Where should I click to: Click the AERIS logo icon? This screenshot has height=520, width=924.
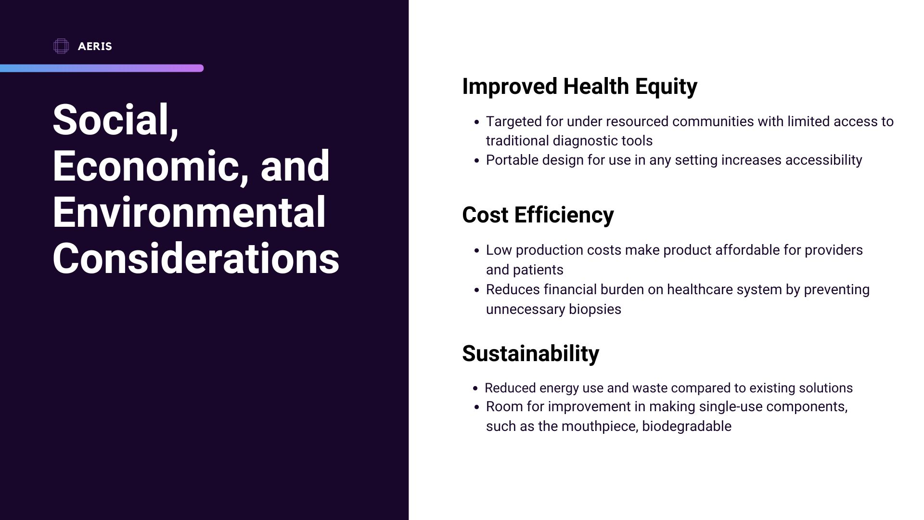click(x=61, y=46)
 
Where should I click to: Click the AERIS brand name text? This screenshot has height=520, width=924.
click(x=95, y=46)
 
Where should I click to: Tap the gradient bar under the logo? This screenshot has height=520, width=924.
click(x=102, y=68)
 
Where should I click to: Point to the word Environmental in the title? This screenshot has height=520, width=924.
click(x=189, y=212)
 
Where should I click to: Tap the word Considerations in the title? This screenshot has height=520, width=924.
click(x=196, y=258)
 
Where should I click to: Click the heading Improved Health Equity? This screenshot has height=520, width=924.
click(x=579, y=87)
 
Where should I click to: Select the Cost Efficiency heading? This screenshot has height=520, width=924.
click(x=538, y=215)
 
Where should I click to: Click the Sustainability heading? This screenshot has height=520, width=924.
click(x=530, y=353)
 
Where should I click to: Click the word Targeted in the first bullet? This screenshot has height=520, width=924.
click(x=513, y=122)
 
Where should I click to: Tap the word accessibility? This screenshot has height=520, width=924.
click(x=823, y=160)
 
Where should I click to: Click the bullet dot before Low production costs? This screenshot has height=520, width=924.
click(x=476, y=251)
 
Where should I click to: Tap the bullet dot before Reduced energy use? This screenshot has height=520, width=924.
click(x=475, y=389)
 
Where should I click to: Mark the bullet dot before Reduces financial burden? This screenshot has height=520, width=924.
click(x=476, y=290)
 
